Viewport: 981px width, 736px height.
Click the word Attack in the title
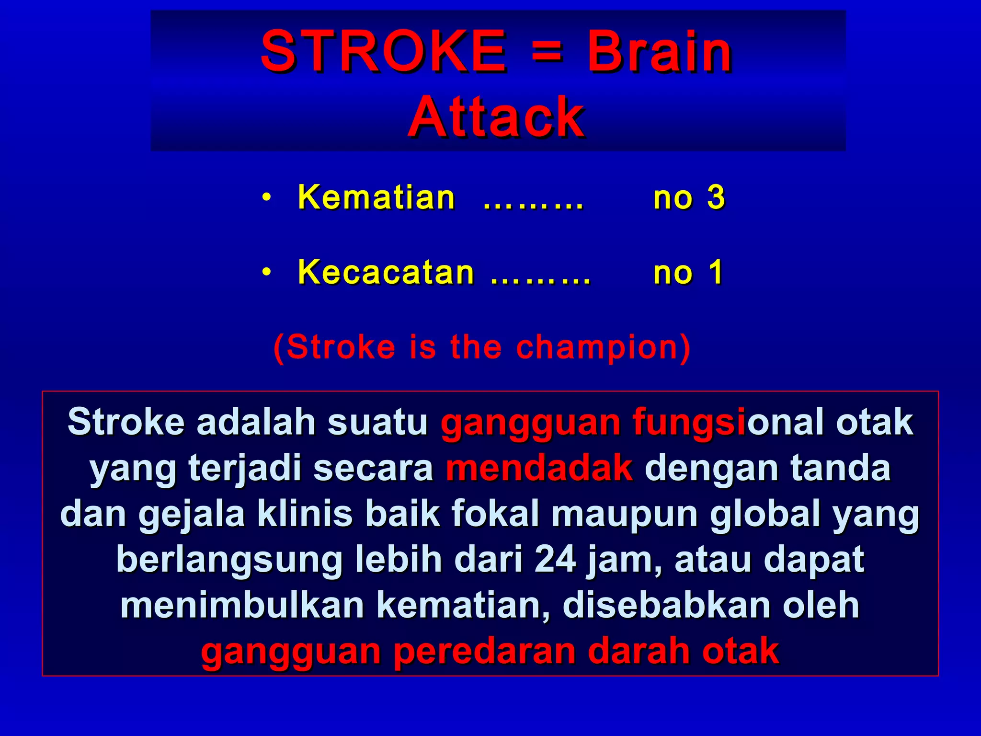pyautogui.click(x=496, y=116)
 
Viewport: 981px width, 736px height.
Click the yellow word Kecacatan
pyautogui.click(x=386, y=272)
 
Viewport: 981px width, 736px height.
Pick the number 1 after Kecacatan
pyautogui.click(x=716, y=272)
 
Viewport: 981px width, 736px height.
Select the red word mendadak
pyautogui.click(x=539, y=468)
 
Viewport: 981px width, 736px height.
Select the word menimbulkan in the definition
pyautogui.click(x=242, y=605)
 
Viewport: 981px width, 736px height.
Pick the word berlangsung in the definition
pyautogui.click(x=229, y=559)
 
